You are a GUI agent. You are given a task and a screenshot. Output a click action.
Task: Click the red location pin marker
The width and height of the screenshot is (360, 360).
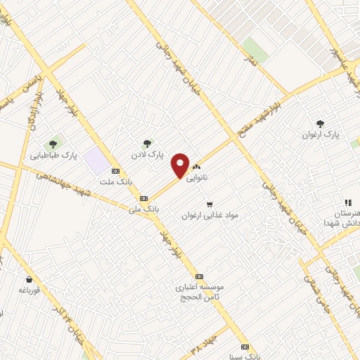tap(181, 165)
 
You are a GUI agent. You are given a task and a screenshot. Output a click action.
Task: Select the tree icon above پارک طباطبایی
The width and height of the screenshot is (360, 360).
tap(53, 145)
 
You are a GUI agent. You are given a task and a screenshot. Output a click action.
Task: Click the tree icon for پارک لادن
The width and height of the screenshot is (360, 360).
tap(147, 143)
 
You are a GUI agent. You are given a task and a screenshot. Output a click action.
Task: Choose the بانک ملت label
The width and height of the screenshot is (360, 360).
tap(116, 181)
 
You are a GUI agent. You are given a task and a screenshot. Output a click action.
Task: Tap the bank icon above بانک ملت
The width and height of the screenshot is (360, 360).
tap(116, 171)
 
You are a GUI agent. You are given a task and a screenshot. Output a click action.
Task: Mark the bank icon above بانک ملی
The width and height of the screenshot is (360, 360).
tap(143, 198)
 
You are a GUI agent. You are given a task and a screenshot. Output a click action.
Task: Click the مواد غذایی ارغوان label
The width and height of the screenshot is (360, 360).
tap(210, 214)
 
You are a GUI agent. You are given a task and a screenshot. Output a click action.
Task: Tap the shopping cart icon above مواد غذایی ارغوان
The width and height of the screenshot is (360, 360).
tap(210, 204)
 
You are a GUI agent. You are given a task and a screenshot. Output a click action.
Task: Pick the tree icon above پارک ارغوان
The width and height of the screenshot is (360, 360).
tap(321, 124)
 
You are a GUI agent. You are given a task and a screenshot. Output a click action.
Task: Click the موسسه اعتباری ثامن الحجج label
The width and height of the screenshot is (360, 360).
tap(200, 292)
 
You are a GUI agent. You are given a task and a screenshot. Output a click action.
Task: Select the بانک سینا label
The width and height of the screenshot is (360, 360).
tap(245, 356)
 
